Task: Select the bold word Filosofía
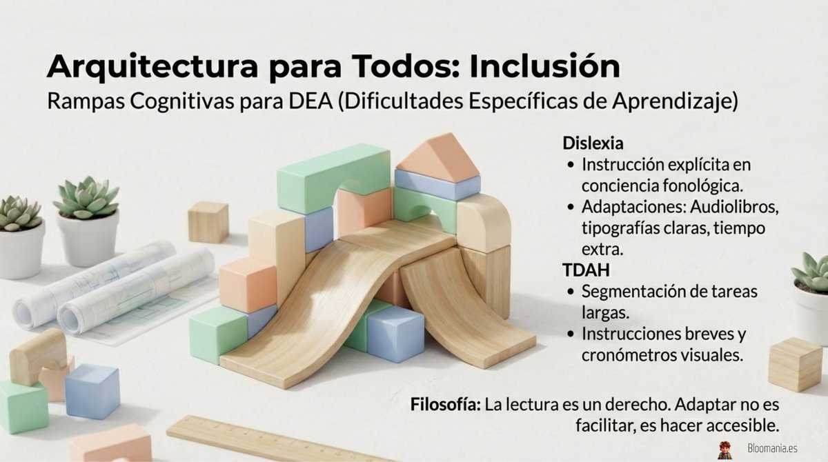(445, 404)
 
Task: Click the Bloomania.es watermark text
(771, 449)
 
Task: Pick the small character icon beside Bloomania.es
(724, 450)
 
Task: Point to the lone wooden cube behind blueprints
(208, 221)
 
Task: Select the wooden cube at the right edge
(794, 363)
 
